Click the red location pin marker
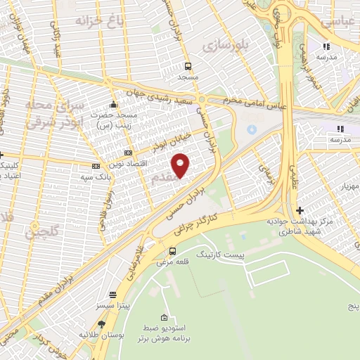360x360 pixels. click(181, 165)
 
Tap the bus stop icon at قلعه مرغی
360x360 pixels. click(172, 251)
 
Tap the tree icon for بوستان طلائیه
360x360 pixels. click(102, 323)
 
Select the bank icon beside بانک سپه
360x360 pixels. click(96, 167)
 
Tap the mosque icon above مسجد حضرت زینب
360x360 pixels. click(113, 104)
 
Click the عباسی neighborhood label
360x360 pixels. click(340, 21)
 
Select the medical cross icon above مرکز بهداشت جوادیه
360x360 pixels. click(300, 210)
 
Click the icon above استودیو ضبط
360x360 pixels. click(164, 317)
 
